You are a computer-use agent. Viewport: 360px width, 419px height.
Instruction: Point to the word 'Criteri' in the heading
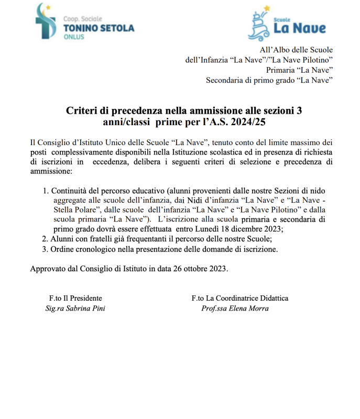[x=80, y=111]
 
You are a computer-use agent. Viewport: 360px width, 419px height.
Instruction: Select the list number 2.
[x=45, y=238]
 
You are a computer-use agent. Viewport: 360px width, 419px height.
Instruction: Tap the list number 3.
[x=45, y=249]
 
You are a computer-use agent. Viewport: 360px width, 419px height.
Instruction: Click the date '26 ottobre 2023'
[x=202, y=269]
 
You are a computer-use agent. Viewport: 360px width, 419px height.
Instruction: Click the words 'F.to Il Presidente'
[x=75, y=299]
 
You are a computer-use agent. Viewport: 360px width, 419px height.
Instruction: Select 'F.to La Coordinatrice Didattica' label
[x=240, y=299]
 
